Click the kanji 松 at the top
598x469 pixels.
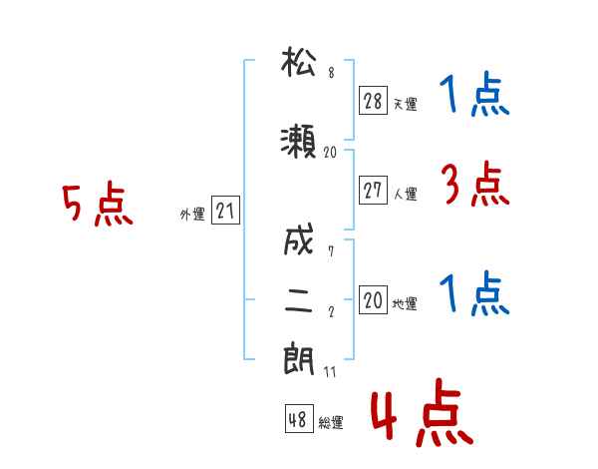click(299, 61)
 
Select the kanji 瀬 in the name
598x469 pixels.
click(298, 142)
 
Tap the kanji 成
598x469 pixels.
click(299, 239)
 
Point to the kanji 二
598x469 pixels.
click(299, 300)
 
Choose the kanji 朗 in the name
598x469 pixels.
click(299, 358)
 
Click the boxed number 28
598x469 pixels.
click(373, 101)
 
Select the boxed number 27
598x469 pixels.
click(373, 190)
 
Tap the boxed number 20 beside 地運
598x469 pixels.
click(373, 299)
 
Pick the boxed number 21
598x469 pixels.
click(225, 210)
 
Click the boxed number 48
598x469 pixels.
click(299, 419)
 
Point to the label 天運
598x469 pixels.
click(406, 104)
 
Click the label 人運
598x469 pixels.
click(406, 194)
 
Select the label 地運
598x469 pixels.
click(405, 303)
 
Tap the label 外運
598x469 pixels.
click(192, 215)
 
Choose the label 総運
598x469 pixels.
click(331, 423)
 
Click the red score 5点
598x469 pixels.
click(98, 204)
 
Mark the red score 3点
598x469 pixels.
click(474, 184)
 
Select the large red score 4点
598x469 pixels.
click(422, 412)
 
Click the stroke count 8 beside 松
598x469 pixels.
click(332, 73)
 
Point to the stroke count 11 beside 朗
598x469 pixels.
click(330, 372)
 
